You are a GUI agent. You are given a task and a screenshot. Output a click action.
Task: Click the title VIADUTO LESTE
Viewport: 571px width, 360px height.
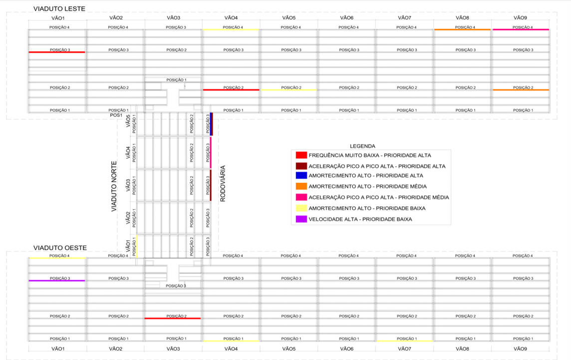click(x=59, y=9)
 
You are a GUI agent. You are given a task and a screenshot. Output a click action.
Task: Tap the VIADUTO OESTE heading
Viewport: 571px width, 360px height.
click(x=60, y=248)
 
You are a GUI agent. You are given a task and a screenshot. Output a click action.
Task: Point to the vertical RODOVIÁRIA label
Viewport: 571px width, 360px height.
click(x=223, y=183)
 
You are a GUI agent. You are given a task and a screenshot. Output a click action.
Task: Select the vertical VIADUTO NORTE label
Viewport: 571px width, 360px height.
click(x=114, y=186)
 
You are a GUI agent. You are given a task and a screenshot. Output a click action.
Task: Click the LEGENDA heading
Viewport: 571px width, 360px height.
click(x=362, y=146)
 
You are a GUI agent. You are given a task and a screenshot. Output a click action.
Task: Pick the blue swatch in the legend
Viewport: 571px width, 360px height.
click(x=301, y=176)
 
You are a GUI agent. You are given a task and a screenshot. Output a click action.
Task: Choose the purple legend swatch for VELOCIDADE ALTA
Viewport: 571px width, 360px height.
click(x=301, y=219)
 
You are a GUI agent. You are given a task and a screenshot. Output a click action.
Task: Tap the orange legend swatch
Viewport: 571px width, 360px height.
click(x=301, y=186)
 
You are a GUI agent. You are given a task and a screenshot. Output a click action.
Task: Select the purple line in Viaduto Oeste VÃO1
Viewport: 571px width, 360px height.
click(x=57, y=281)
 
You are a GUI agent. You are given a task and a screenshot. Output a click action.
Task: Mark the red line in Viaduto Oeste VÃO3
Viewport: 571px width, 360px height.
click(x=173, y=318)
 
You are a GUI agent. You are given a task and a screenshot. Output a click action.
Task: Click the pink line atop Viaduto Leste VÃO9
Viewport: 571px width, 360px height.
click(x=521, y=29)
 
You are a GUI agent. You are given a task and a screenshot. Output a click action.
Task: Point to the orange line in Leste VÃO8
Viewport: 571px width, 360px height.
click(x=462, y=29)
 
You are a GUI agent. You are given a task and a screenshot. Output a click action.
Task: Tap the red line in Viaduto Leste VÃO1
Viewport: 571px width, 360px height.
click(x=57, y=52)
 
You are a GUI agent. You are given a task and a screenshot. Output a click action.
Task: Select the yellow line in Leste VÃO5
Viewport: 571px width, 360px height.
click(x=288, y=90)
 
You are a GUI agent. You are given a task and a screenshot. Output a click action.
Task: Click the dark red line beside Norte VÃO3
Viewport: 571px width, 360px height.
click(x=211, y=185)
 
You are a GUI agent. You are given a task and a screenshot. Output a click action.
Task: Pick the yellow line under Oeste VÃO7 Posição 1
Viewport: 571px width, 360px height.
click(x=404, y=341)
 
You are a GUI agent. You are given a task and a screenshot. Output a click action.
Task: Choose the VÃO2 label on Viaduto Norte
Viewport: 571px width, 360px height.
click(x=128, y=217)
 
